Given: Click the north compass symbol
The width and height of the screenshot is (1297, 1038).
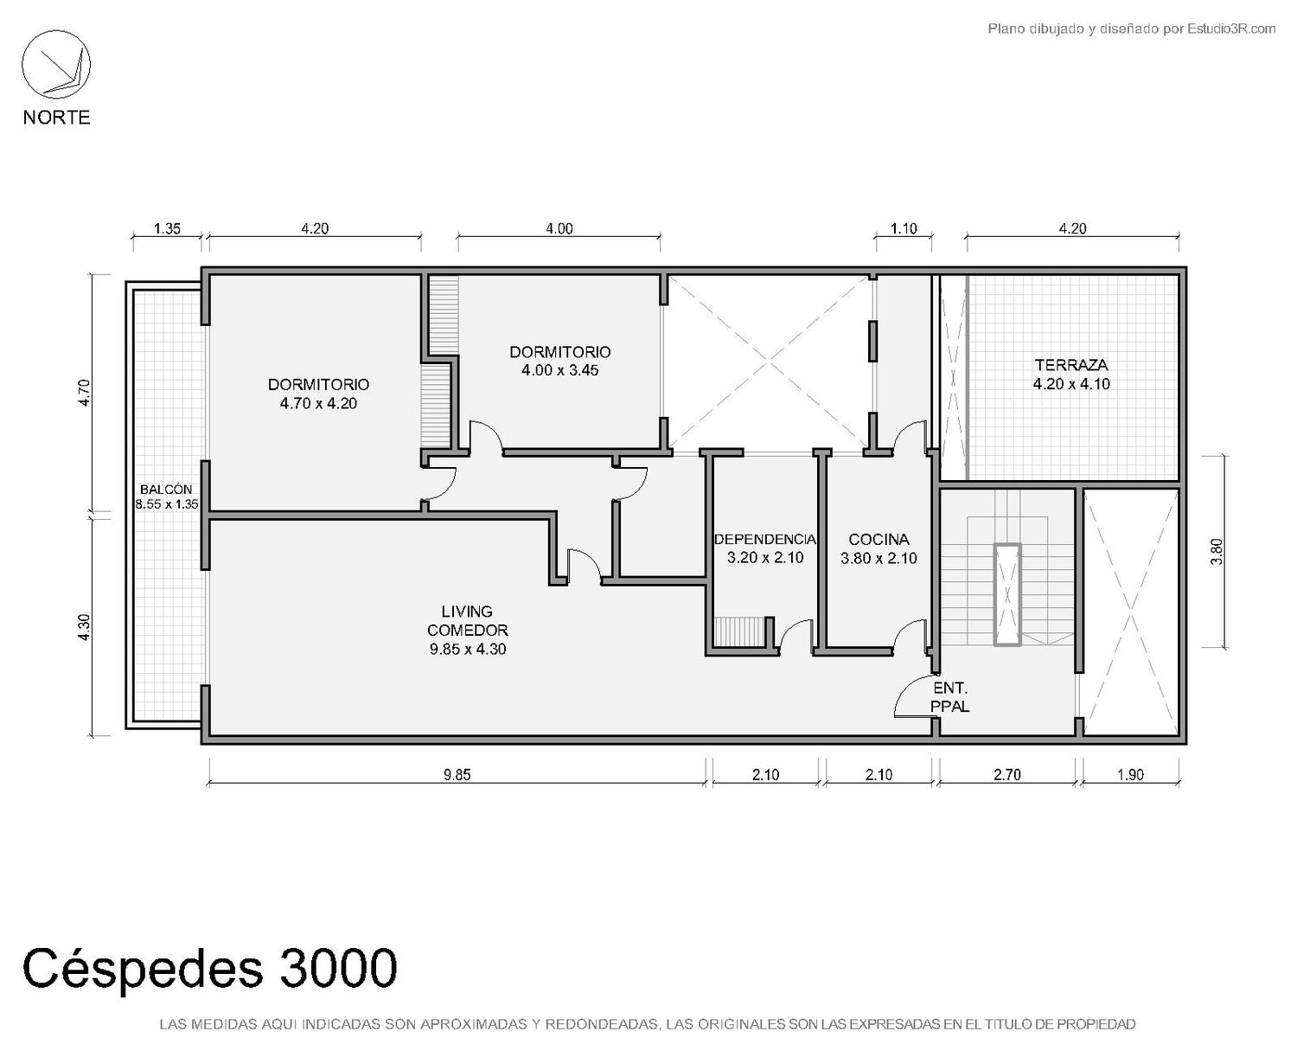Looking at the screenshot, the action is tap(56, 64).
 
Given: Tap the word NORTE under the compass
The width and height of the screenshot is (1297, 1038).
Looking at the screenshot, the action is tap(57, 118).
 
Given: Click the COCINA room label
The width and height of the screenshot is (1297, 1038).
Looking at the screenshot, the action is tap(879, 539).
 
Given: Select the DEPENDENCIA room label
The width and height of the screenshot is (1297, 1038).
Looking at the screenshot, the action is tap(765, 539).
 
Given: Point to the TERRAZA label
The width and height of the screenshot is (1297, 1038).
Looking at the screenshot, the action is tap(1071, 365).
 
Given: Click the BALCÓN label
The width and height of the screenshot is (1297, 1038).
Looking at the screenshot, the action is tap(166, 490).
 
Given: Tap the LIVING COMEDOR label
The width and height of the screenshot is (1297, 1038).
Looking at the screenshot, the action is tap(468, 620).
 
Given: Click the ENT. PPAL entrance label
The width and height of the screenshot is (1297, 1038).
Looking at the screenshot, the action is tap(950, 697).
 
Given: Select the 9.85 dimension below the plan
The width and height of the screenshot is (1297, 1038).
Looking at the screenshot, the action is tap(457, 775).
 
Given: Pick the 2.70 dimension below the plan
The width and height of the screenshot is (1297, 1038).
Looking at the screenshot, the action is tap(1007, 775).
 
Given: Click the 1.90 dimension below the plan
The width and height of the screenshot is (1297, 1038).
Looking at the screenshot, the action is tap(1130, 775).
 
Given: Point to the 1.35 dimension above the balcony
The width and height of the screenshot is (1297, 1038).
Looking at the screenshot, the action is tap(167, 229).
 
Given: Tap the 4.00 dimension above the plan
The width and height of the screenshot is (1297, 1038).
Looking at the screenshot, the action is tap(559, 229).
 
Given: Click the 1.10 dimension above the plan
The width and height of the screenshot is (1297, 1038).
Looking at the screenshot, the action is tap(904, 229).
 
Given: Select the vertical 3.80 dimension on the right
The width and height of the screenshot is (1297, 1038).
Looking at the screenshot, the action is tap(1217, 551).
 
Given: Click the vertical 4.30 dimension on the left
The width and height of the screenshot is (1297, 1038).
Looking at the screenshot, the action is tap(84, 628).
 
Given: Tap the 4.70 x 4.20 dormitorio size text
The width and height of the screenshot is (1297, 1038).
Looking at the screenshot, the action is tap(318, 403).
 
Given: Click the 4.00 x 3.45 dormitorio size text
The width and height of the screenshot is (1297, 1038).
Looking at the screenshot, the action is tap(560, 370).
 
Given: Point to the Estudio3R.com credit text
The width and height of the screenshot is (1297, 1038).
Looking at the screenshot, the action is tap(1131, 29).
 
